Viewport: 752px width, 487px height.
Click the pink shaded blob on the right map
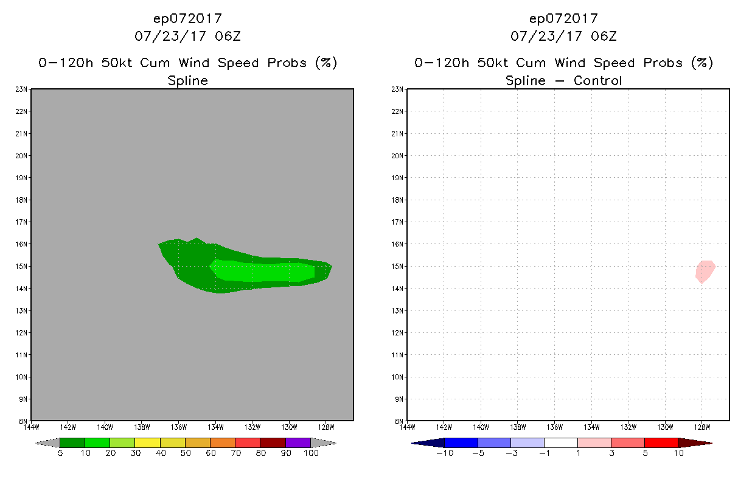click(705, 271)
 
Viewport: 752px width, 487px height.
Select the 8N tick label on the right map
click(399, 421)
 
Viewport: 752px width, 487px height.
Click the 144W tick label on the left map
click(31, 427)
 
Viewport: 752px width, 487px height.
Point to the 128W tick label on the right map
click(702, 427)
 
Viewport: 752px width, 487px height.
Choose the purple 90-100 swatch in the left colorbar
click(298, 443)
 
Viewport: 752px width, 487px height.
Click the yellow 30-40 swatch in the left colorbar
click(147, 443)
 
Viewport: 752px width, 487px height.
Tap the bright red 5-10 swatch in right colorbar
click(661, 443)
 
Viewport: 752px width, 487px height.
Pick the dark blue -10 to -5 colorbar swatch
click(461, 443)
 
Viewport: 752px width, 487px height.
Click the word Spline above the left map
click(187, 80)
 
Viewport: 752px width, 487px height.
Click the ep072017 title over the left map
click(187, 19)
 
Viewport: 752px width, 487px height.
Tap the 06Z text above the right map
click(604, 36)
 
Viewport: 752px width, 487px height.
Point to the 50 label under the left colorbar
click(185, 453)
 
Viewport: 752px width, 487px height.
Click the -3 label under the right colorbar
click(510, 453)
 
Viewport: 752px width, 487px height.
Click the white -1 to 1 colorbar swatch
click(560, 443)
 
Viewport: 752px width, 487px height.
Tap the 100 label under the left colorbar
click(311, 453)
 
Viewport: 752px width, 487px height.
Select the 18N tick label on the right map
click(399, 200)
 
